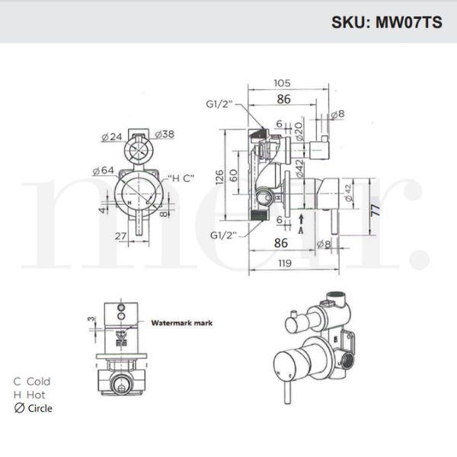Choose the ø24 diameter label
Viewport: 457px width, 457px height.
tap(113, 137)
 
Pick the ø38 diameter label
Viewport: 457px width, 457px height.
tap(165, 135)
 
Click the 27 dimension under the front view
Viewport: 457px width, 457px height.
tap(120, 237)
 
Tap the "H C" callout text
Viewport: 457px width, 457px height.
tap(181, 177)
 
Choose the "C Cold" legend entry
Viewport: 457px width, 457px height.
tap(33, 381)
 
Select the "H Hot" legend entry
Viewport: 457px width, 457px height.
tap(30, 394)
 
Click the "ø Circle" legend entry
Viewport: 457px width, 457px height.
tap(34, 407)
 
